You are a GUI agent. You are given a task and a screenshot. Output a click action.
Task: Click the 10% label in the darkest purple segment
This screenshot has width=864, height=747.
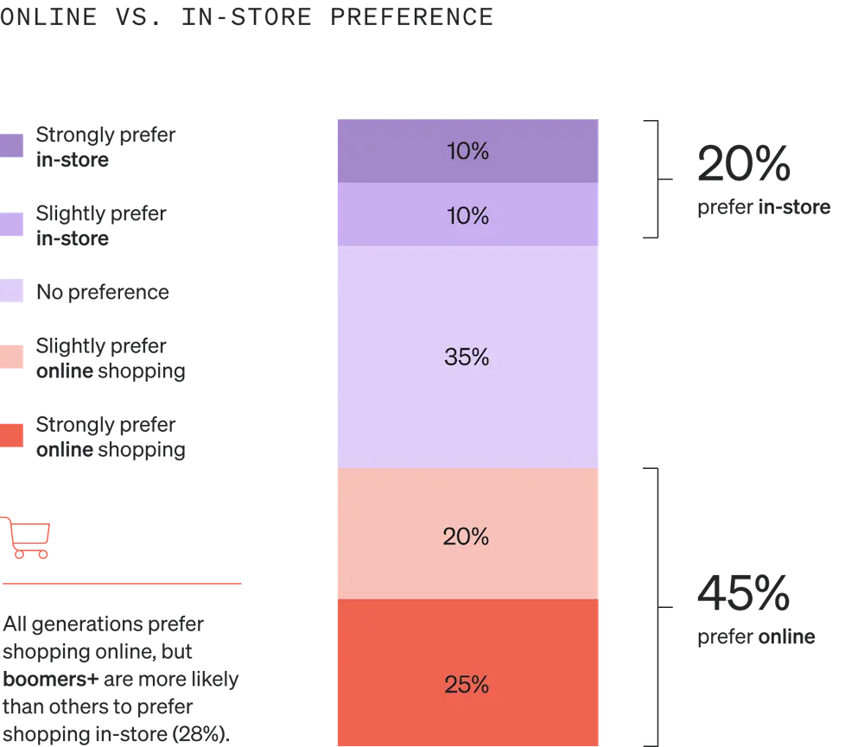click(467, 152)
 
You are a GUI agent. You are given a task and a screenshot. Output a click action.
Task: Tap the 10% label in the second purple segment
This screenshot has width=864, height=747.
click(467, 216)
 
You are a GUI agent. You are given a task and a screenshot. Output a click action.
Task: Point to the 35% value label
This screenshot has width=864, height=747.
click(467, 357)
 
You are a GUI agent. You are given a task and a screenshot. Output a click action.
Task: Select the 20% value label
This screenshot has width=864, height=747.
click(467, 537)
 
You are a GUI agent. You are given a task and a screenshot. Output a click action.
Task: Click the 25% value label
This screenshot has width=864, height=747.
click(467, 685)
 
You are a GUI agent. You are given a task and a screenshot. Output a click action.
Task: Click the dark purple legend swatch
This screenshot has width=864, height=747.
click(13, 145)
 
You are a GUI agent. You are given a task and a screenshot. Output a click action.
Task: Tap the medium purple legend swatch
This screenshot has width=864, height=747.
click(13, 224)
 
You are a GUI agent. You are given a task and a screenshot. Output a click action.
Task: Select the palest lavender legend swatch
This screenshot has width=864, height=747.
click(13, 291)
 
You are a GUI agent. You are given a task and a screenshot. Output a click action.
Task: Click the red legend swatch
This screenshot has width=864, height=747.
click(13, 435)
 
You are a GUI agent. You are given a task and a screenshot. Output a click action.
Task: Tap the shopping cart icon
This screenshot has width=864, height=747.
click(28, 536)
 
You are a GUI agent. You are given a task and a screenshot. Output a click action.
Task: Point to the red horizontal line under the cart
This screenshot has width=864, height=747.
click(124, 585)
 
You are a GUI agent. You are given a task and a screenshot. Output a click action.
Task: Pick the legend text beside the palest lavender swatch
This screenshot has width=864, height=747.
click(104, 293)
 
